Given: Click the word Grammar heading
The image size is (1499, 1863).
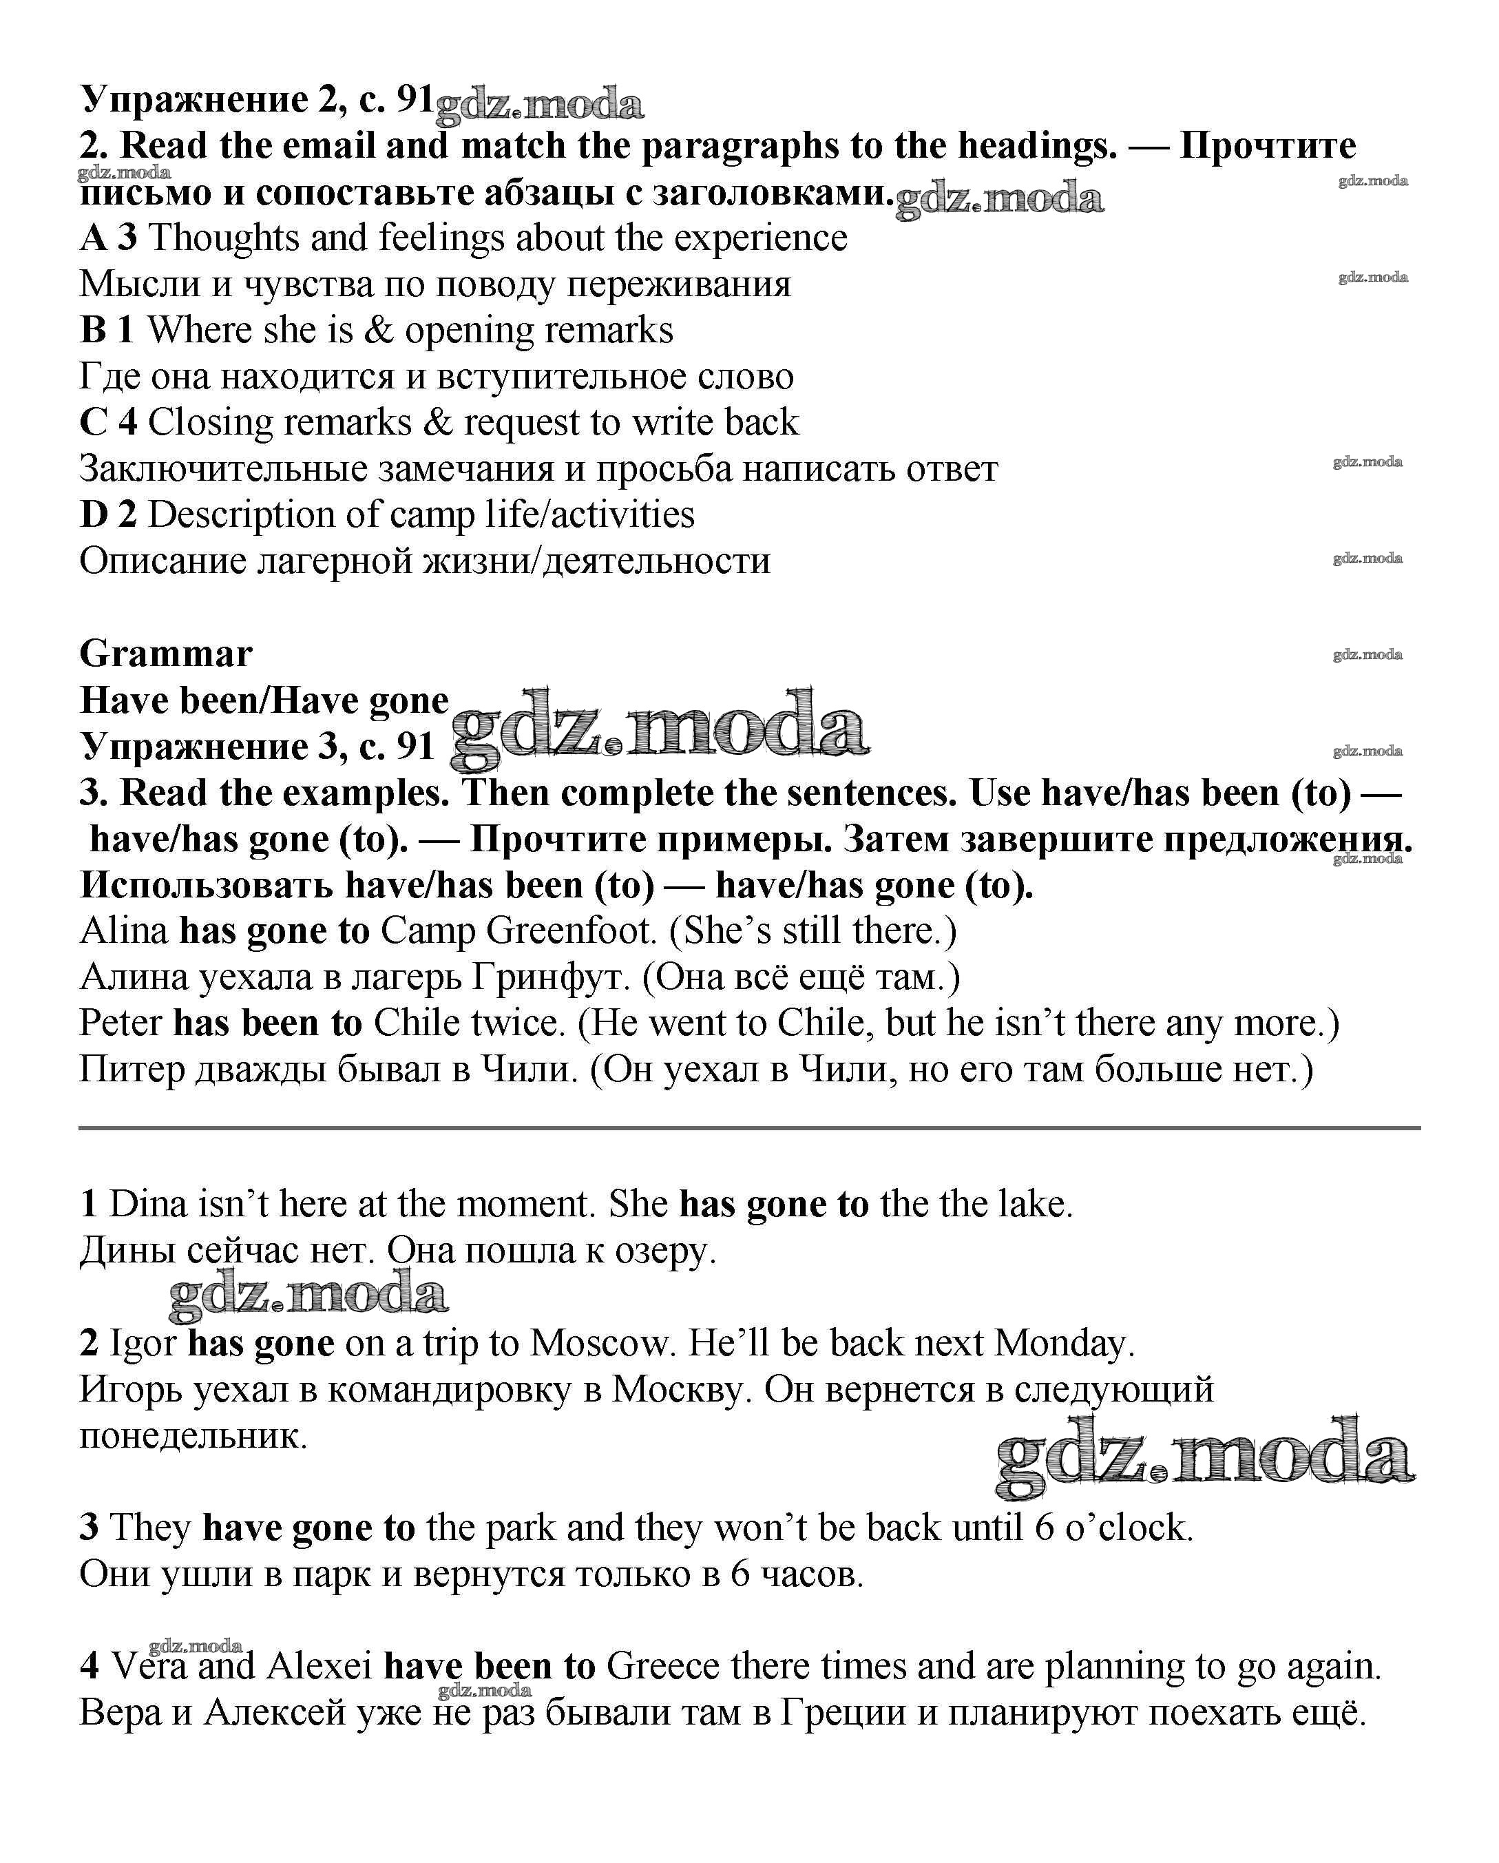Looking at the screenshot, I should tap(165, 654).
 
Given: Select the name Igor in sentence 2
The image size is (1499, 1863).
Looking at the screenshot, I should tap(143, 1343).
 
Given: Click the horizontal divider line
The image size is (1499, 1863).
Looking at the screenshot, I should tap(749, 1127).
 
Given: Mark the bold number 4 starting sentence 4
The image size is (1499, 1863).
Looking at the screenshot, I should tap(89, 1666).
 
